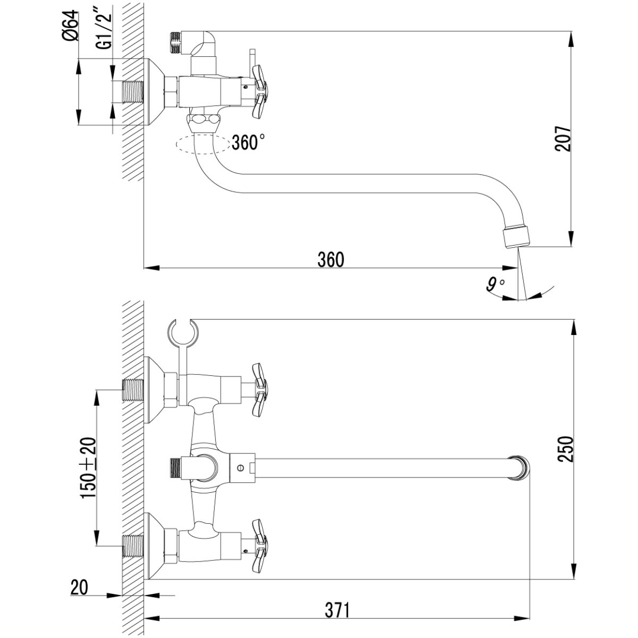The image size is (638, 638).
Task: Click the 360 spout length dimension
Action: click(331, 259)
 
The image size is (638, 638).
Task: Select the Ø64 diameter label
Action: click(71, 26)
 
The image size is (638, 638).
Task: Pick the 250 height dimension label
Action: click(565, 449)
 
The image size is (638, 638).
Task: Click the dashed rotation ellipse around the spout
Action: click(203, 145)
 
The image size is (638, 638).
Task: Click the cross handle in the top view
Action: click(259, 91)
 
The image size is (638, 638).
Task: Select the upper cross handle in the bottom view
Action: click(259, 389)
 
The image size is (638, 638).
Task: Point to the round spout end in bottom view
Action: click(519, 467)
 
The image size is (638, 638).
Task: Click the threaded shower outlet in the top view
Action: click(175, 43)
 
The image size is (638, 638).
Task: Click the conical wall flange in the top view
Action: click(155, 92)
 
